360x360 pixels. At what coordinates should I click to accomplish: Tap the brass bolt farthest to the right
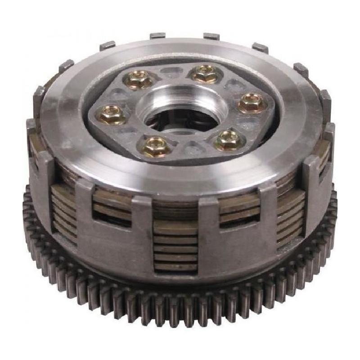pos(250,102)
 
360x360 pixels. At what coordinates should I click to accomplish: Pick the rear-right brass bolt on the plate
pos(205,73)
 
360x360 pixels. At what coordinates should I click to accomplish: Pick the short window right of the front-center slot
pos(238,207)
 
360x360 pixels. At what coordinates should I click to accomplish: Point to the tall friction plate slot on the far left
pos(63,211)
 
